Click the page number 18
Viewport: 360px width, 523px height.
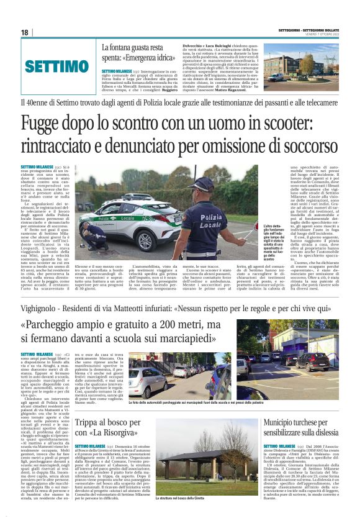click(25, 32)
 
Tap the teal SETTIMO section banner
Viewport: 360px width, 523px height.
click(57, 66)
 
